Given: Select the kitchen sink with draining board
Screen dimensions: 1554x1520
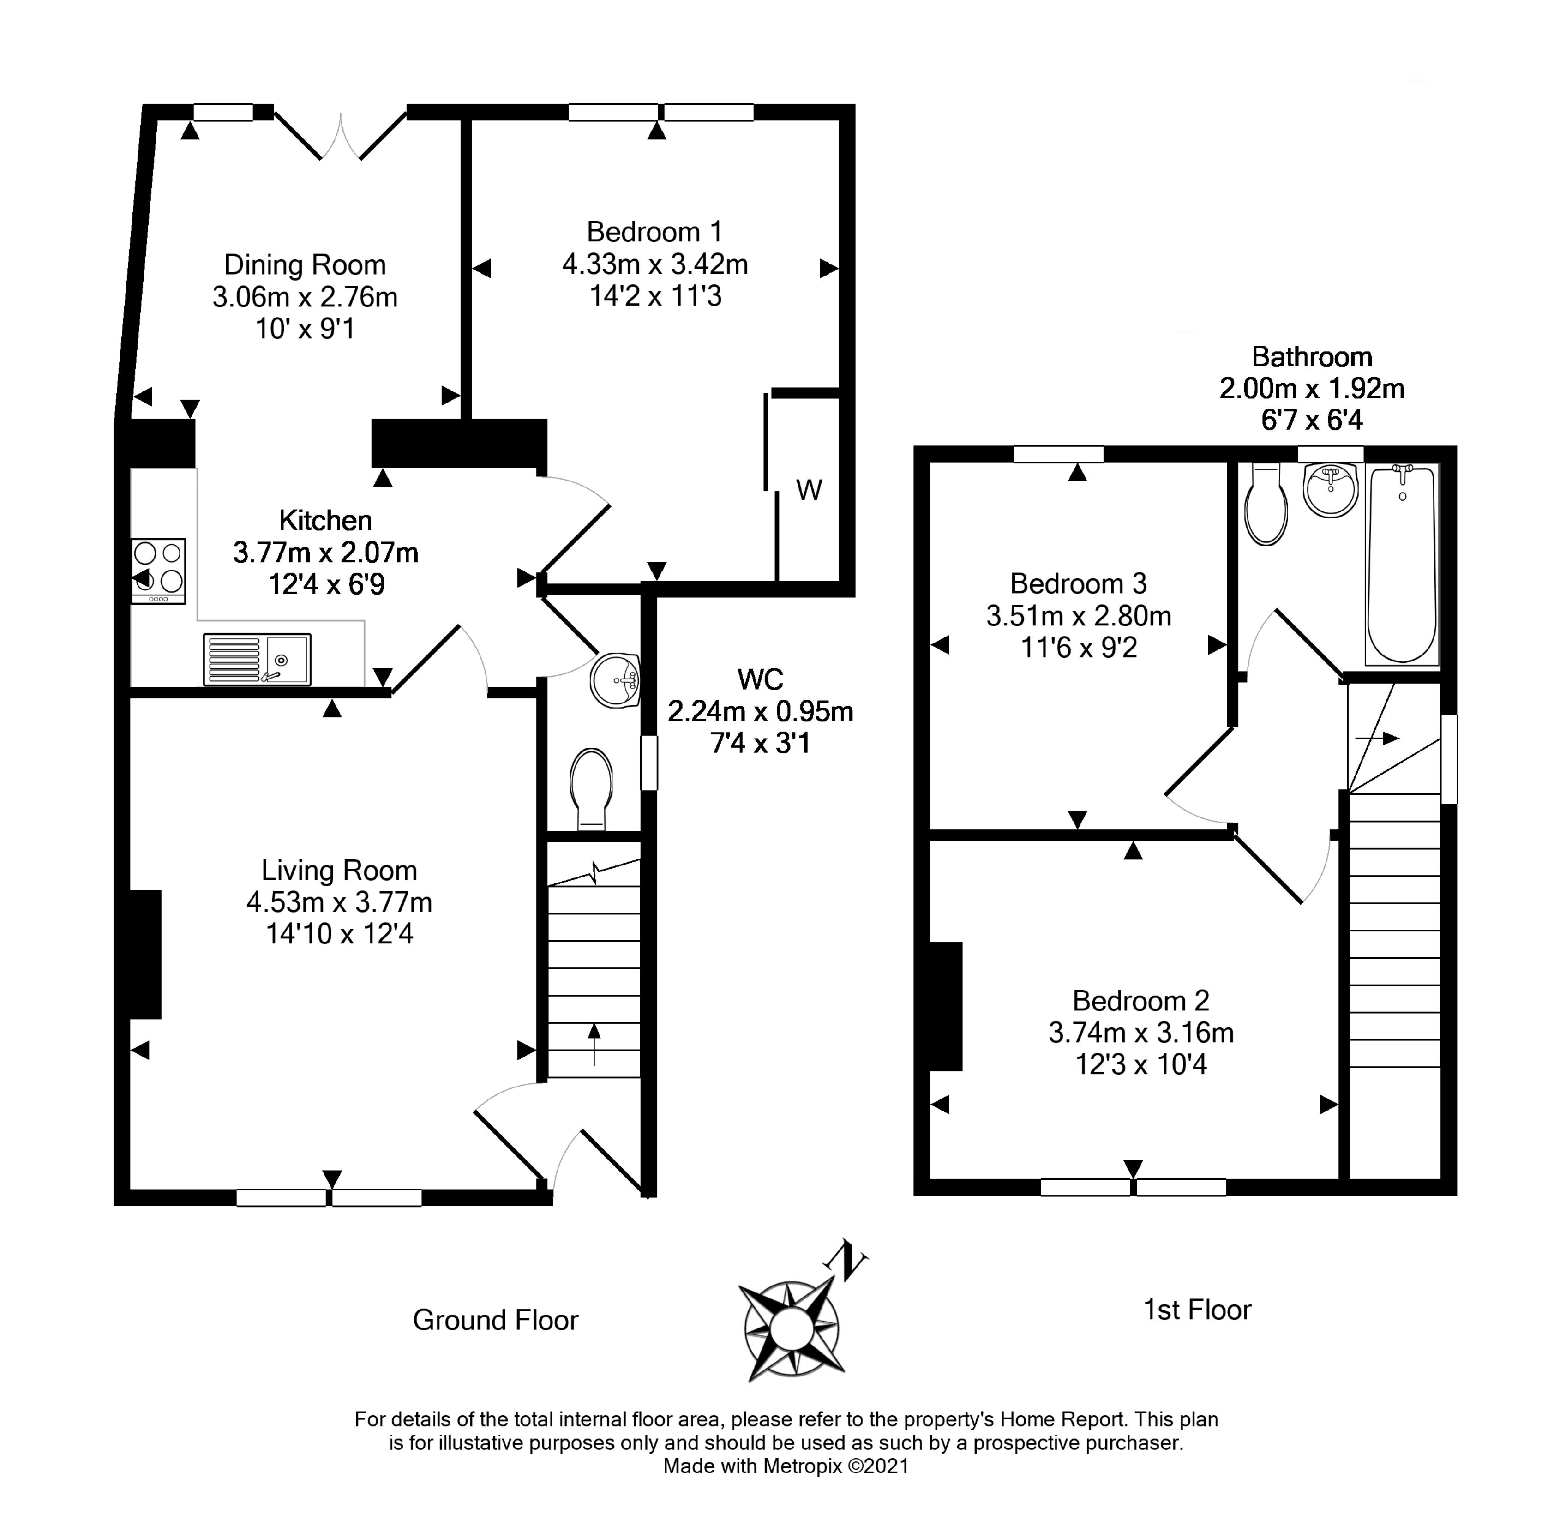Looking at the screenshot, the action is [x=257, y=660].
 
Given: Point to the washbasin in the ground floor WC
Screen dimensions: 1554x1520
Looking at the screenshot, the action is [x=615, y=681].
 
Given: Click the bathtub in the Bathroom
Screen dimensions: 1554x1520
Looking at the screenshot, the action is [x=1402, y=565].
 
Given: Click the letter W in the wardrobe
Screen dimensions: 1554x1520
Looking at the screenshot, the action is [x=809, y=490].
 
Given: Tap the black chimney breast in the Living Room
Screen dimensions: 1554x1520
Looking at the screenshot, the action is [x=145, y=955].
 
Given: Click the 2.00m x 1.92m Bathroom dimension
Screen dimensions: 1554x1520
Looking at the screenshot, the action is [x=1311, y=388].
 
